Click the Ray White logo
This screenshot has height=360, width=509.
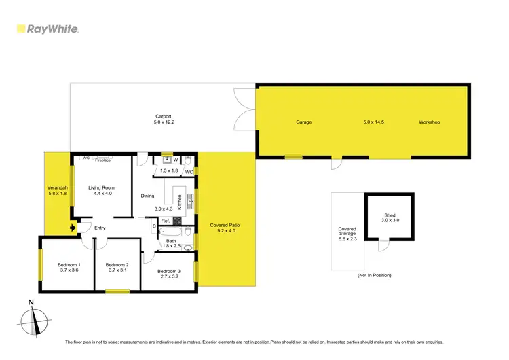pyautogui.click(x=47, y=29)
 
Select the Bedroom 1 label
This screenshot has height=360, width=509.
pyautogui.click(x=69, y=264)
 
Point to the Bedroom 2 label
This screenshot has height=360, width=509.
pyautogui.click(x=117, y=264)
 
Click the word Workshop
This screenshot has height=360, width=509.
pyautogui.click(x=430, y=122)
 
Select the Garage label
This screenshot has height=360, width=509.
pyautogui.click(x=303, y=122)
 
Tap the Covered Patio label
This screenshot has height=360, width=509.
pyautogui.click(x=225, y=225)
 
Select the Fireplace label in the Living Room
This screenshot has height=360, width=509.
pyautogui.click(x=103, y=160)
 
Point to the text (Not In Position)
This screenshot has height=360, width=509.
pyautogui.click(x=374, y=275)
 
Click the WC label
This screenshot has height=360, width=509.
pyautogui.click(x=189, y=172)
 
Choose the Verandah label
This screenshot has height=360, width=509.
pyautogui.click(x=56, y=187)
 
